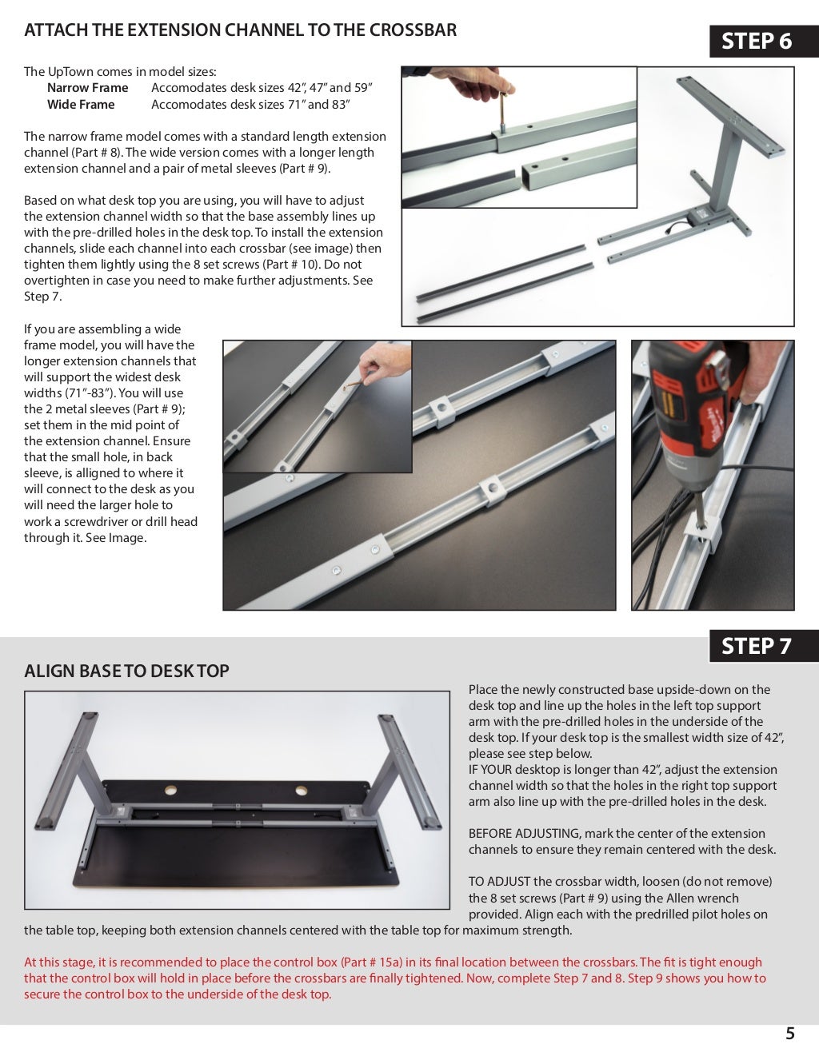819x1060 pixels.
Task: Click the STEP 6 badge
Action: pos(756,41)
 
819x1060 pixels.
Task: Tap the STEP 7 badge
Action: pos(756,646)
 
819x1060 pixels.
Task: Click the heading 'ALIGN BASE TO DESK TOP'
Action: pos(126,671)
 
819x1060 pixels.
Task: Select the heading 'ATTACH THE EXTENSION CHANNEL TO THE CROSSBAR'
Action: pos(240,30)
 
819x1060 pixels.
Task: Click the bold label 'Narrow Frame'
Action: pos(87,88)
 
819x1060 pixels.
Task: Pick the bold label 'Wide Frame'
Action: pos(81,105)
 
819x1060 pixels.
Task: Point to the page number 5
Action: pos(790,1034)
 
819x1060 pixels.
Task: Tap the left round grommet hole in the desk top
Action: pos(171,790)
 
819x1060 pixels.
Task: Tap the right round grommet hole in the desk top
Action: pos(301,790)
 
